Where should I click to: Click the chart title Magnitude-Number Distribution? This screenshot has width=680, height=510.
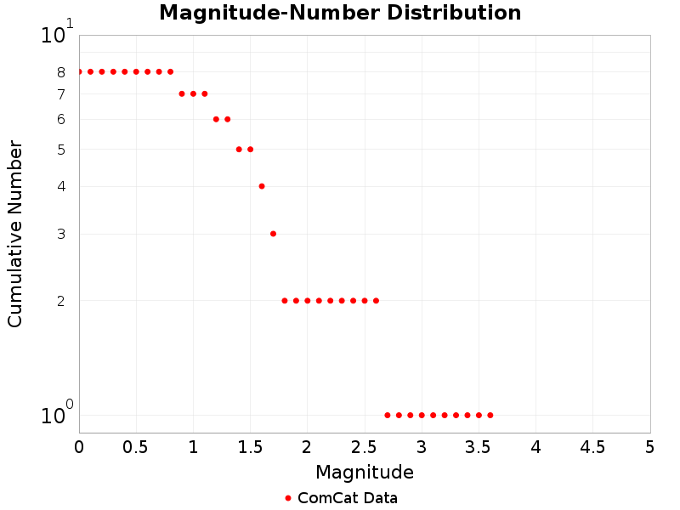pos(340,13)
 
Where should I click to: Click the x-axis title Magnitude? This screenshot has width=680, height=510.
pos(365,472)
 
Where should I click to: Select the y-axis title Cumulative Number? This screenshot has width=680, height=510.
pos(15,234)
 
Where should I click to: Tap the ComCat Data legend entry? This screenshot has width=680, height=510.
pos(340,498)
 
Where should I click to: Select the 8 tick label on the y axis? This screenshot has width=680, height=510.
pos(61,72)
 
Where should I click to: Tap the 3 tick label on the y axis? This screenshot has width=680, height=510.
pos(61,234)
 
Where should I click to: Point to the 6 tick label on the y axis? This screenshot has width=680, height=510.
pos(61,120)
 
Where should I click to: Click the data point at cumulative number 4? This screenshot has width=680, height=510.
pos(262,186)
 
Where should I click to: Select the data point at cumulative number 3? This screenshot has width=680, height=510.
pos(273,234)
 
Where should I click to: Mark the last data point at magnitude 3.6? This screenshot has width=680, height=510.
pos(490,415)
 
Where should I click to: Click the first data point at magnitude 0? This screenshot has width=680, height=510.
pos(79,71)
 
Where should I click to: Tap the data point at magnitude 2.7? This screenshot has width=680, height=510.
pos(388,415)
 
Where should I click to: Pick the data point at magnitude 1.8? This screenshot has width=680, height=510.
pos(285,300)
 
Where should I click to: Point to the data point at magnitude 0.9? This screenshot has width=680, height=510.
pos(182,93)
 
